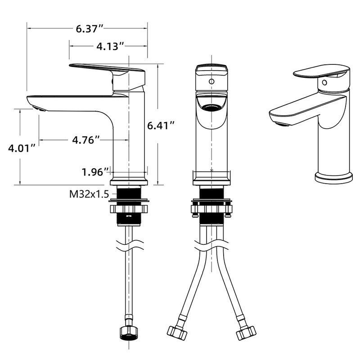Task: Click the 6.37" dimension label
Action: (x=90, y=29)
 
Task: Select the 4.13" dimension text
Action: (x=110, y=46)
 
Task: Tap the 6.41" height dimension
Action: (x=161, y=126)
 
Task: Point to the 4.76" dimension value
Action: (x=85, y=140)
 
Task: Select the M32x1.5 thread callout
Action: (x=89, y=194)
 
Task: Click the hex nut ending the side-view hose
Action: (x=130, y=332)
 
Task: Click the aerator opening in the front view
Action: (x=211, y=107)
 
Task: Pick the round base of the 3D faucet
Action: (x=334, y=176)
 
